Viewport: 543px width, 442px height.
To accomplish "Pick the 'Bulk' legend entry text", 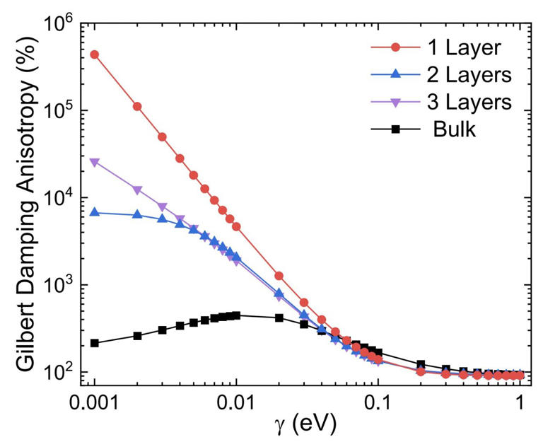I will pos(457,129).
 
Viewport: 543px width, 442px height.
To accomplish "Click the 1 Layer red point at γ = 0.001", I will pos(94,54).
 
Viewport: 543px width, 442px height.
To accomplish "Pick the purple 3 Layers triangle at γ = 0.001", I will pos(94,162).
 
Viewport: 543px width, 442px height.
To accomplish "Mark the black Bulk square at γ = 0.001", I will pos(94,343).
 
